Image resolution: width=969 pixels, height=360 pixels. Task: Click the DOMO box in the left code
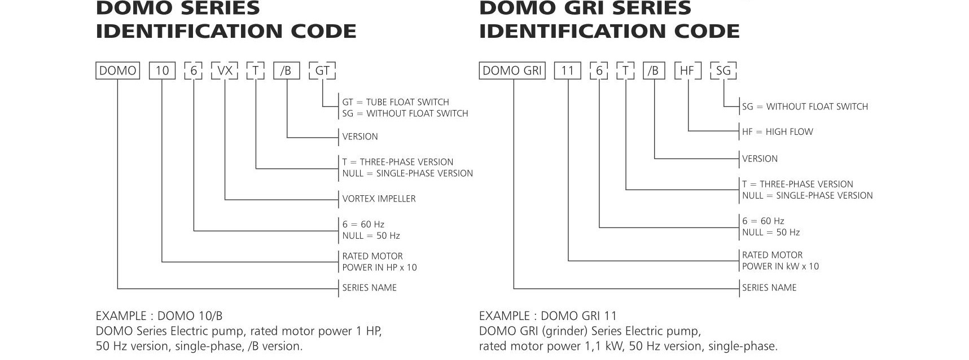[x=117, y=71]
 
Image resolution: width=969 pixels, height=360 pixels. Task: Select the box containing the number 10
[x=162, y=71]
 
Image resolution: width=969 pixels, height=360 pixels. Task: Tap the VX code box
[x=225, y=71]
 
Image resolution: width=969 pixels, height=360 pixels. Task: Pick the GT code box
[x=322, y=71]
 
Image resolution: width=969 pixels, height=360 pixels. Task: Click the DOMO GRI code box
[x=512, y=71]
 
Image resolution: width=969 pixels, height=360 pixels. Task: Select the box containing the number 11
[x=567, y=71]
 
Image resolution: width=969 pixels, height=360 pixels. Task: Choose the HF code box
[x=687, y=71]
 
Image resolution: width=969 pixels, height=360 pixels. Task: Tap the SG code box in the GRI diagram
[x=723, y=71]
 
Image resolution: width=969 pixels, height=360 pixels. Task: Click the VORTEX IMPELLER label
[x=379, y=199]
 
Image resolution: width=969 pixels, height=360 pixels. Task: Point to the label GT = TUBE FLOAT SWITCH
[x=396, y=102]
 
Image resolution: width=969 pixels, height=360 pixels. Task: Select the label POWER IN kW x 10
[x=780, y=266]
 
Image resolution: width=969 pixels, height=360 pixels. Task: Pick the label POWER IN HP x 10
[x=379, y=267]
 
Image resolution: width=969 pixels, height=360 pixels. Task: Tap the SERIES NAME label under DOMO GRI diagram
[x=769, y=288]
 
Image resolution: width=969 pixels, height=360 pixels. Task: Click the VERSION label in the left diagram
[x=360, y=137]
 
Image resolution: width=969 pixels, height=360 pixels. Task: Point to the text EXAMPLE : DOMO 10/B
[x=159, y=316]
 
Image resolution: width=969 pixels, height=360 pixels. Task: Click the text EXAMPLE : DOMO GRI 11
[x=548, y=316]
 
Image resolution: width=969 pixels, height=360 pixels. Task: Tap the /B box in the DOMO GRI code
[x=654, y=71]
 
